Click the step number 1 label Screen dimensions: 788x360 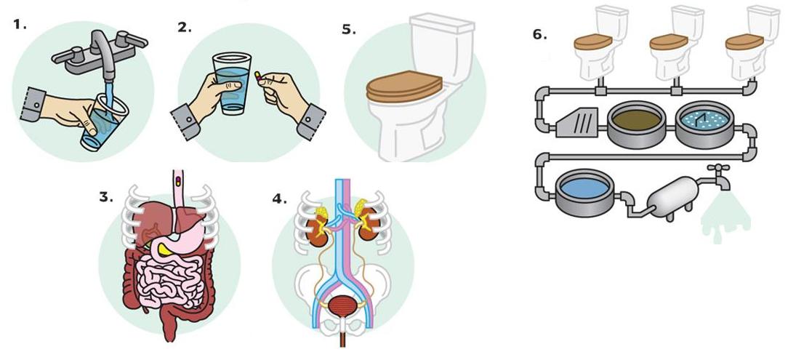20,23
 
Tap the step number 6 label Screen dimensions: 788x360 539,35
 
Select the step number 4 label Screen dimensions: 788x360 279,199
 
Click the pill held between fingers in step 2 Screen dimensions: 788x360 258,76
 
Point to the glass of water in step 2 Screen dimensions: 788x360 232,84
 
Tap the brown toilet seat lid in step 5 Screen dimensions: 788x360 404,86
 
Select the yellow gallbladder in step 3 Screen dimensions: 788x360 164,249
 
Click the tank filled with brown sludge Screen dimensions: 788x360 636,124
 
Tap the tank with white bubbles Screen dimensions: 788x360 704,124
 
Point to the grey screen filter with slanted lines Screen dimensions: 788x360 577,122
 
